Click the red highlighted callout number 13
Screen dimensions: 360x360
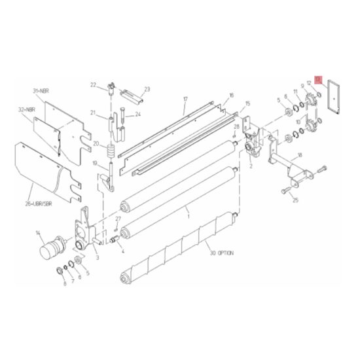[318, 79]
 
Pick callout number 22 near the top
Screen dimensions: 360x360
[93, 84]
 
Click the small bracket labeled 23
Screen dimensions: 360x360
[138, 98]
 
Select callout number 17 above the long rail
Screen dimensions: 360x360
[185, 99]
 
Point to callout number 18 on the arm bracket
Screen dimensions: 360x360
[299, 155]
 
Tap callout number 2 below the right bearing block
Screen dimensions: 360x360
[249, 167]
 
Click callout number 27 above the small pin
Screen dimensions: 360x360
[118, 218]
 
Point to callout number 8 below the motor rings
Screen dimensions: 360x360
[64, 283]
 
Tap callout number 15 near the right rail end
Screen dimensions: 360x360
[247, 103]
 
